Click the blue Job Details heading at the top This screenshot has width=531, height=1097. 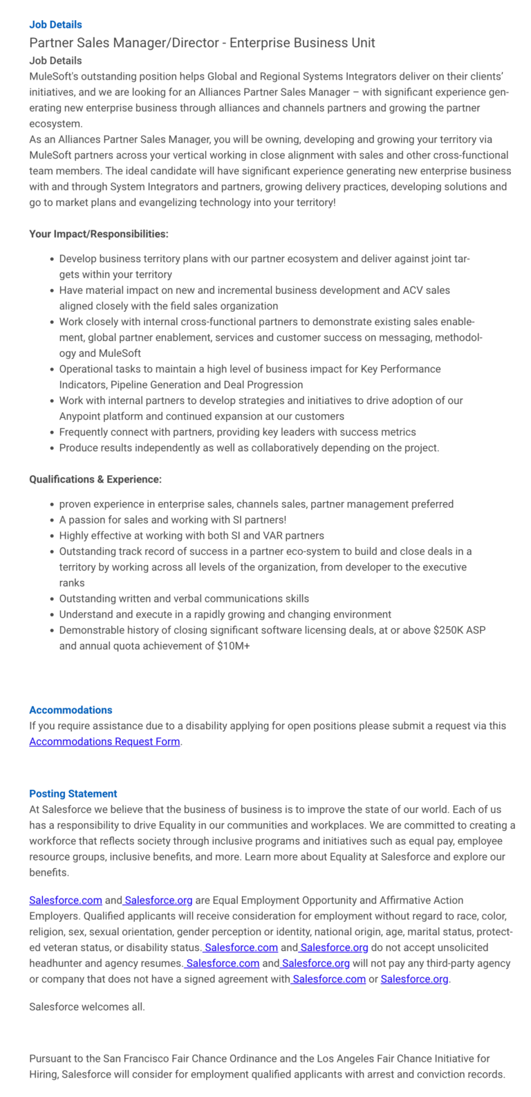[55, 25]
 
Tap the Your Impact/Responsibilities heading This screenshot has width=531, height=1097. [98, 234]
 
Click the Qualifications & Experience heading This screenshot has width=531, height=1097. [95, 479]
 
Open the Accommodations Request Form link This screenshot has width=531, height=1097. [104, 741]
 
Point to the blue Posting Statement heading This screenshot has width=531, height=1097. [73, 794]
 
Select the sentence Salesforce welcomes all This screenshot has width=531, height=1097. [87, 1006]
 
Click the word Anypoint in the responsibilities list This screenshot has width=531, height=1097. [80, 416]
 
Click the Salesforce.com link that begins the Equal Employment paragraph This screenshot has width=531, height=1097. [66, 901]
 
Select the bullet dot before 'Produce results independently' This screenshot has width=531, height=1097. [52, 448]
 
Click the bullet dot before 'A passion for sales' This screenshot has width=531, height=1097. [52, 520]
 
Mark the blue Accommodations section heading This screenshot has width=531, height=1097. [71, 710]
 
